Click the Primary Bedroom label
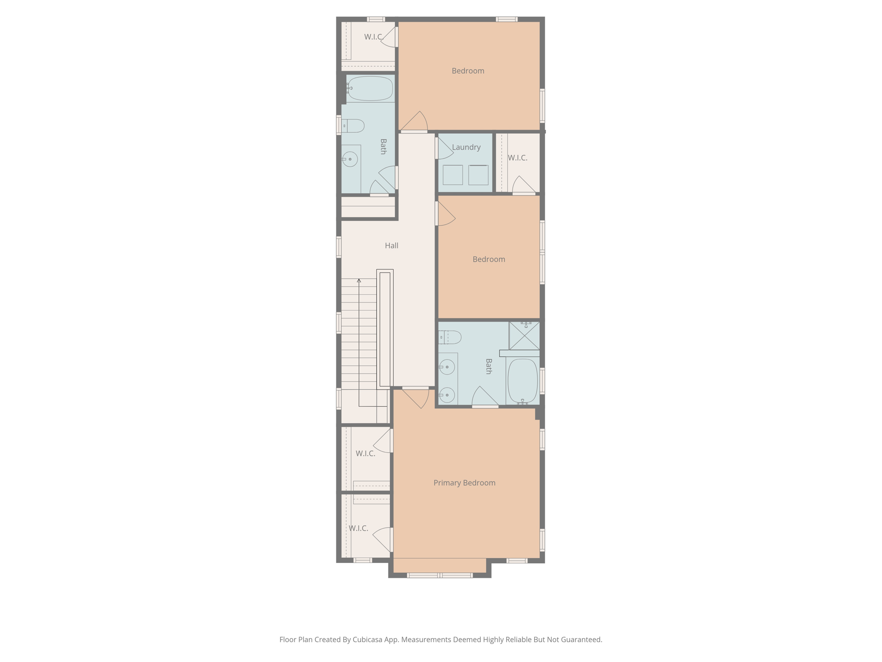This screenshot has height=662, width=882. coord(464,483)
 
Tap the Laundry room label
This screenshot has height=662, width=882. coord(466,147)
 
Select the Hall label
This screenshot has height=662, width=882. coord(391,246)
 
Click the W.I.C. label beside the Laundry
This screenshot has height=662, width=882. coord(517,158)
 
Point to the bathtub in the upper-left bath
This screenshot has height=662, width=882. coord(370,88)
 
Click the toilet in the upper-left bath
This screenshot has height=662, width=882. coord(354,126)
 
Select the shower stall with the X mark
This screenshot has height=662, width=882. coord(524,336)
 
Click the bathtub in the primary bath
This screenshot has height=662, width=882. coord(523,381)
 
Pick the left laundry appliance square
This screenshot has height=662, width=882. coord(453,175)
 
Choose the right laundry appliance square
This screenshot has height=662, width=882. coord(478,175)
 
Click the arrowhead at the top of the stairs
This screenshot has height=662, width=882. coord(359,281)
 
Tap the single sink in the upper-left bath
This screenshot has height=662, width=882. coord(350,159)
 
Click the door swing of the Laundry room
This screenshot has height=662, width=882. coord(444,149)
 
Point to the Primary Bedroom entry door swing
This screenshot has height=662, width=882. coord(417,397)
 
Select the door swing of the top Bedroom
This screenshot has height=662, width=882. coord(414,122)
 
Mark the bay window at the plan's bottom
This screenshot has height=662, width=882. coord(440,575)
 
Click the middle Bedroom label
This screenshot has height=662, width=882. coord(489,259)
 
